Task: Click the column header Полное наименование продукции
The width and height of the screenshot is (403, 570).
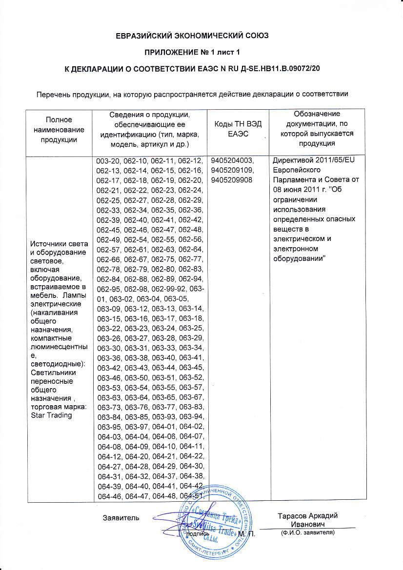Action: pos(60,129)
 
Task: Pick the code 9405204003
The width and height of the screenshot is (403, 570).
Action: pos(231,161)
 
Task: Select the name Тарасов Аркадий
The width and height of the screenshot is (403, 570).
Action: pos(307,516)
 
